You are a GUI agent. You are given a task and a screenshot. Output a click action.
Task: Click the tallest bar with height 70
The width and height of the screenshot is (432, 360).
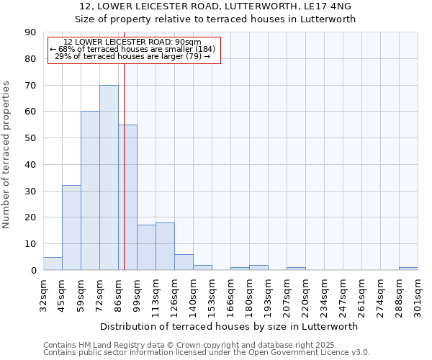tap(109, 177)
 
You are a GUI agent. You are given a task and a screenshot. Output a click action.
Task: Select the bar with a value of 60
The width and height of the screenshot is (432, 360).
tap(90, 191)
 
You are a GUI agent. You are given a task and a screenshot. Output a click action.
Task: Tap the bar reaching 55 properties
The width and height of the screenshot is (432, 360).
tap(127, 197)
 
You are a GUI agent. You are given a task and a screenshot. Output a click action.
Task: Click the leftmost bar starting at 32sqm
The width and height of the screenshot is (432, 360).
tap(53, 264)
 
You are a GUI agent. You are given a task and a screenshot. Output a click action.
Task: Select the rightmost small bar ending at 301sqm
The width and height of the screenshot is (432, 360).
tap(408, 269)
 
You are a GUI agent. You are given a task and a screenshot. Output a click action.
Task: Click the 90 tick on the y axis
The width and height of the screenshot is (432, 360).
tap(31, 32)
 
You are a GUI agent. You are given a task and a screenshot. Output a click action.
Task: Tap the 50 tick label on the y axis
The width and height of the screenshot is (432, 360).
tap(31, 138)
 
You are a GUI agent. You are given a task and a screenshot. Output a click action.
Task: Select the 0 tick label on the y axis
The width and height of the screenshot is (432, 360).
tap(34, 270)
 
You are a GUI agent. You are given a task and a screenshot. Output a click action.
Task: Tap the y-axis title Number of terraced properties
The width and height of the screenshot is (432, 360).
tap(7, 154)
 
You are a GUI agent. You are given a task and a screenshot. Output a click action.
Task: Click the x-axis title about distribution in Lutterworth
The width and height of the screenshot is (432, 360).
tap(230, 326)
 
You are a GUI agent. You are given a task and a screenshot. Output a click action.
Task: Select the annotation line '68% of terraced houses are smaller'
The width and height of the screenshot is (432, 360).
tap(132, 49)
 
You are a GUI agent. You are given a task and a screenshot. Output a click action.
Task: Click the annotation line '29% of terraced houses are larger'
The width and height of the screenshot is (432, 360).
tap(132, 56)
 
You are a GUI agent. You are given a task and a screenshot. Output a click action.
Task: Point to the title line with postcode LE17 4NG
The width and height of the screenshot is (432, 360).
tap(216, 6)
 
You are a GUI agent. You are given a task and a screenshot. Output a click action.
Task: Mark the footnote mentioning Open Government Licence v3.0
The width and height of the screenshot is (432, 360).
tap(207, 353)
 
